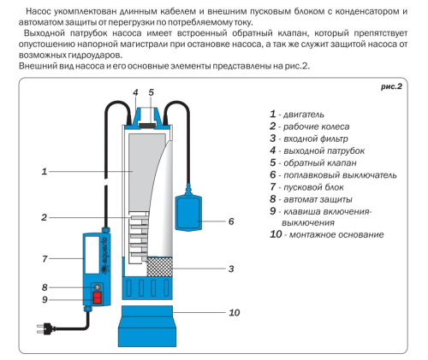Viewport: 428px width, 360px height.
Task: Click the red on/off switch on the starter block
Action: click(95, 298)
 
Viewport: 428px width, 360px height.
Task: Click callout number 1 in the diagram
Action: click(43, 172)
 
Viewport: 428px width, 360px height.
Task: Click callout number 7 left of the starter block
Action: click(43, 257)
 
